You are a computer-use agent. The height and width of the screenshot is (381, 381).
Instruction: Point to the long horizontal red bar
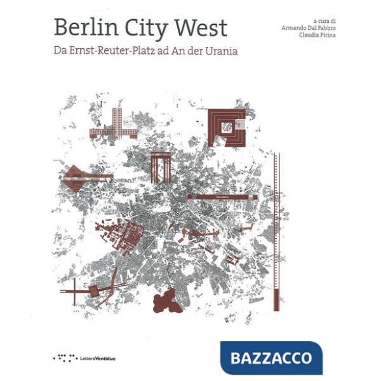[x=222, y=197]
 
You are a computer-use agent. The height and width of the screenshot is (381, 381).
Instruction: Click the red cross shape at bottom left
[x=75, y=292]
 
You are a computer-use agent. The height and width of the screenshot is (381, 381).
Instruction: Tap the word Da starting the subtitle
[x=60, y=51]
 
